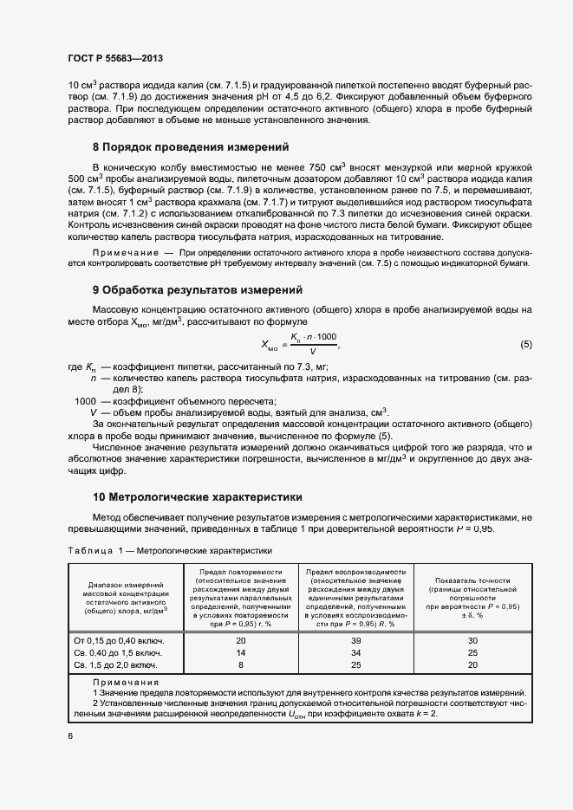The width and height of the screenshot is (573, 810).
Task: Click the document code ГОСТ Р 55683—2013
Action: tap(114, 59)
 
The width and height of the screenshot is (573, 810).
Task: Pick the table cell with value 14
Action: tap(241, 652)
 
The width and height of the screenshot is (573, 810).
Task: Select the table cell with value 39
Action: tap(356, 640)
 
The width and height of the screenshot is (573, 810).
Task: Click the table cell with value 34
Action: tap(356, 652)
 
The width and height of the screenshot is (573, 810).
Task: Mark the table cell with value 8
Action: tap(241, 664)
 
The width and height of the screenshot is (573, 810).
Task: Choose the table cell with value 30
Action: tap(472, 640)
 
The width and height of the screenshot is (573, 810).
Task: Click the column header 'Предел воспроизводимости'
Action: tap(356, 572)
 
